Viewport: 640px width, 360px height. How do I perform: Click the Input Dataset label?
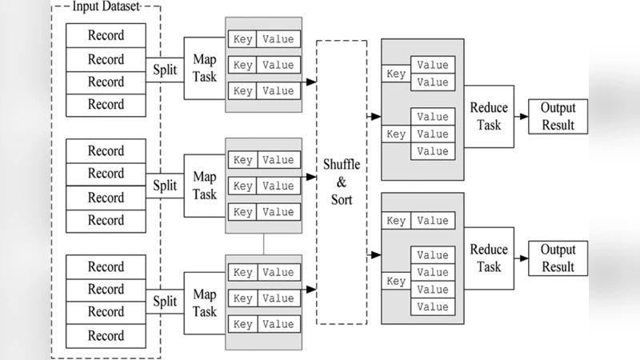106,7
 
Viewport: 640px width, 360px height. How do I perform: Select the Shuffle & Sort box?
342,182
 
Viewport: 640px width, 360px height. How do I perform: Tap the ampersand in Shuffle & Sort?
342,182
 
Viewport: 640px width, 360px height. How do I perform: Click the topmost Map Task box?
205,68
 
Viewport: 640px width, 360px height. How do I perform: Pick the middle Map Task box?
205,186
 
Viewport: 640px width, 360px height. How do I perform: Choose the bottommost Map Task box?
205,302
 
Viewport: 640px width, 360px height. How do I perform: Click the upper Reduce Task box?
485,116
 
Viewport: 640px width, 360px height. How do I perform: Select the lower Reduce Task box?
485,258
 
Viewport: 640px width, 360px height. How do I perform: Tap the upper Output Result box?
558,116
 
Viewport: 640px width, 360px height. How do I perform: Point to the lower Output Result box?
558,258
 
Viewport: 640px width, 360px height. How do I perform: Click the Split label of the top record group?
165,69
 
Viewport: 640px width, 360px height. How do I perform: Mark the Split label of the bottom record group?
165,302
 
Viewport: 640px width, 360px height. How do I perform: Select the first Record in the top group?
106,36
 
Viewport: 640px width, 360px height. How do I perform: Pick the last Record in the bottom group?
106,334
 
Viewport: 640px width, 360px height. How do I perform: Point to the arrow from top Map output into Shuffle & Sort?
309,81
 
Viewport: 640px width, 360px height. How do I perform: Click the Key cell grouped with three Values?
396,134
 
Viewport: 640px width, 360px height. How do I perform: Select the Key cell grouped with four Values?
396,281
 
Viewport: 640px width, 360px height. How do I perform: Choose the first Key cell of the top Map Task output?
243,39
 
